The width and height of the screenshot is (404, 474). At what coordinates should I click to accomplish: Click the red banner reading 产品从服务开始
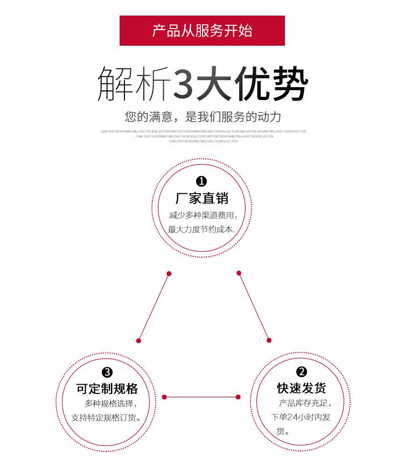point(202,31)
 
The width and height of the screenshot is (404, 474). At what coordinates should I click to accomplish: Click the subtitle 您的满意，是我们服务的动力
point(203,117)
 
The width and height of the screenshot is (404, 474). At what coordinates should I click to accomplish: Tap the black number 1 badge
point(201,181)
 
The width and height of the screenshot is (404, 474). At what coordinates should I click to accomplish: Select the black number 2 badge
point(302,372)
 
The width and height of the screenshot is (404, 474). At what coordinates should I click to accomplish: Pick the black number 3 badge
point(107,372)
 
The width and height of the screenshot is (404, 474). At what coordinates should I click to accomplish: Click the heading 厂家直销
point(202,199)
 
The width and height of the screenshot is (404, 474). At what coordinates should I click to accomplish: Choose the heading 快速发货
point(302,388)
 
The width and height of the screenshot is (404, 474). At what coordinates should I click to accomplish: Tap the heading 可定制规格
point(107,389)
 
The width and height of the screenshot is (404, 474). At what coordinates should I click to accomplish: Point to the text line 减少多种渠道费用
point(203,215)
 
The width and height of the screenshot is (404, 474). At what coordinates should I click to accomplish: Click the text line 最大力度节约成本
point(201,230)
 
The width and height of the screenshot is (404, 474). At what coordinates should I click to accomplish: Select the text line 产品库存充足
point(305,404)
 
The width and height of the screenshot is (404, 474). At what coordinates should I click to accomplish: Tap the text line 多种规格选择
point(110,404)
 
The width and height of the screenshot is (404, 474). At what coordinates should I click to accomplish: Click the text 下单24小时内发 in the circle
point(301,418)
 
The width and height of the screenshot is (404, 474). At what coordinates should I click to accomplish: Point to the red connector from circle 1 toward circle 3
point(154,307)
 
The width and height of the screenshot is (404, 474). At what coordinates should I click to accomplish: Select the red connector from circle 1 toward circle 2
point(254,307)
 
